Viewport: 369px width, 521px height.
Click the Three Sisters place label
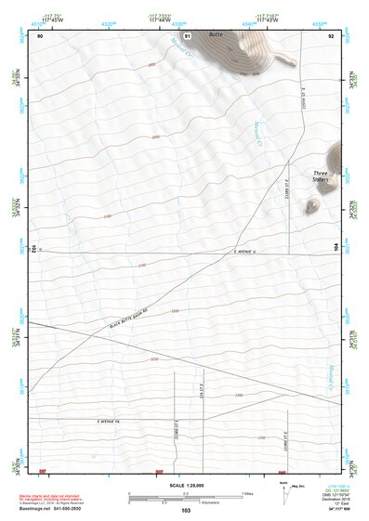(323, 176)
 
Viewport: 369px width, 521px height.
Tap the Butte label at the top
(216, 34)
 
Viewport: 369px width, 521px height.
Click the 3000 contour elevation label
(152, 65)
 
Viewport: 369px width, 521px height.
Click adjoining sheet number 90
(40, 36)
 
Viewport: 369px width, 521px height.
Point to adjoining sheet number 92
(330, 36)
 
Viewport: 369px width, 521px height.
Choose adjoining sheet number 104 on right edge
(336, 248)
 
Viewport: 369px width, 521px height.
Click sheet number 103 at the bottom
(185, 511)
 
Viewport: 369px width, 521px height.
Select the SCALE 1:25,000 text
(184, 485)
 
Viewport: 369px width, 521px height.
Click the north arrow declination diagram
(283, 489)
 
